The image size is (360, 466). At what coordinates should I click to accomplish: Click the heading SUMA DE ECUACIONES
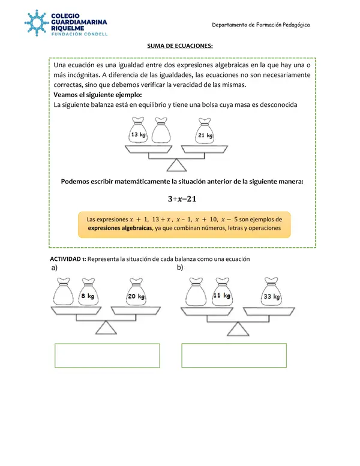click(180, 46)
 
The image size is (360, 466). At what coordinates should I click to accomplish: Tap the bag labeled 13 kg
click(139, 132)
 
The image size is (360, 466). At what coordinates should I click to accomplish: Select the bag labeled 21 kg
click(206, 133)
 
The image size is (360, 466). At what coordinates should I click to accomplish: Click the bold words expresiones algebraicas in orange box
click(119, 229)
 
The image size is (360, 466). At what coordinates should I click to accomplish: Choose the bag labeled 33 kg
click(272, 293)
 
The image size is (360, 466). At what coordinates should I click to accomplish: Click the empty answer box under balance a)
click(107, 355)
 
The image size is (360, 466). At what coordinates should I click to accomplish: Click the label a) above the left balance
click(55, 268)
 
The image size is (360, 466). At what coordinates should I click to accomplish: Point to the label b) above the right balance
click(180, 268)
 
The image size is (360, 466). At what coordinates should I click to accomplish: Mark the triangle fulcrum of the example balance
click(176, 164)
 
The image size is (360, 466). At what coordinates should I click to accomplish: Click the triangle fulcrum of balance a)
click(107, 327)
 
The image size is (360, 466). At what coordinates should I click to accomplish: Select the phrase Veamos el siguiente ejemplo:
click(98, 95)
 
